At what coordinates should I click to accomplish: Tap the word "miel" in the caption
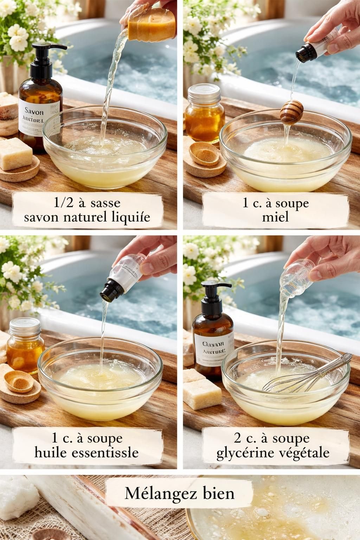tap(275, 217)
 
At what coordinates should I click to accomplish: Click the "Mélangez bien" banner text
tap(179, 493)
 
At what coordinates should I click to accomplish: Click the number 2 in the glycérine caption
tap(237, 438)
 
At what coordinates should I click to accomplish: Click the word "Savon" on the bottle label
tap(34, 112)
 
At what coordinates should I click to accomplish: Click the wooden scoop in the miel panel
tap(203, 154)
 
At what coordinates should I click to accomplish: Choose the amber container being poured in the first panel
tap(151, 26)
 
